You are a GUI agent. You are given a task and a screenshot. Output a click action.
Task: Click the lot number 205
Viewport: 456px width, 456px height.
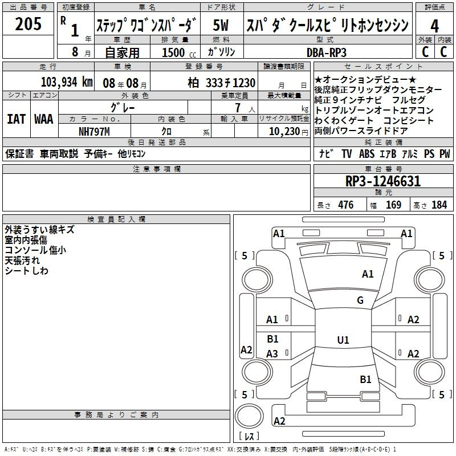(x=28, y=24)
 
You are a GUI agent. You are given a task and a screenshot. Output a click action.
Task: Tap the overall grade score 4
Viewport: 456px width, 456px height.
(x=434, y=26)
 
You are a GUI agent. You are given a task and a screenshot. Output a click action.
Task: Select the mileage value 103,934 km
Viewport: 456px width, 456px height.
(x=67, y=82)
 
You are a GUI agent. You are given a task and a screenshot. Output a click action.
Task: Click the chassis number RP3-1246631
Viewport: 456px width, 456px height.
(x=383, y=181)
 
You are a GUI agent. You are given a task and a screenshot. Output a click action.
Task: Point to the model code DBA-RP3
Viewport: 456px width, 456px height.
(x=327, y=52)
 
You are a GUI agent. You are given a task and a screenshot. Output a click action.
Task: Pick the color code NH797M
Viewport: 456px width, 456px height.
(x=94, y=132)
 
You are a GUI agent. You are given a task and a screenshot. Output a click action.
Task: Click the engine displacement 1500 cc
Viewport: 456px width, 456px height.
(x=179, y=52)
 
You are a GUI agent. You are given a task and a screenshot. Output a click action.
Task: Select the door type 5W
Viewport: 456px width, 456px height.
(x=221, y=25)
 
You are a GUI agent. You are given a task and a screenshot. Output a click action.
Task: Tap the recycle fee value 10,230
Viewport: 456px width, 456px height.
(x=284, y=132)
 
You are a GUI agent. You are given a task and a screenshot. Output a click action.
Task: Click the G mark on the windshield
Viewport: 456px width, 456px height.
(x=360, y=300)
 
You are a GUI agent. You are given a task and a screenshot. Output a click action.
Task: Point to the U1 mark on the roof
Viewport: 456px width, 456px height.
(x=343, y=340)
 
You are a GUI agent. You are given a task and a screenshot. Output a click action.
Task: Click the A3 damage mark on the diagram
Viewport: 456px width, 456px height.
(x=272, y=353)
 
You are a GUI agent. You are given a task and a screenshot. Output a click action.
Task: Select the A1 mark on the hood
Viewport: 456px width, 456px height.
(x=368, y=274)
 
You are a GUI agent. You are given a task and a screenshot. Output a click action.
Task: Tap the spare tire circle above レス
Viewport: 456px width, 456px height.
(x=249, y=416)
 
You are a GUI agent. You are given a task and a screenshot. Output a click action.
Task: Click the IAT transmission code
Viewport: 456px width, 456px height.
(x=17, y=119)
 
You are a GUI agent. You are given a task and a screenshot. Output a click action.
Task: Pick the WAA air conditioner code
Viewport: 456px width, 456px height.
(x=44, y=119)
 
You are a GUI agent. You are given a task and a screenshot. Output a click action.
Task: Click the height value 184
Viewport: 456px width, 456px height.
(x=439, y=205)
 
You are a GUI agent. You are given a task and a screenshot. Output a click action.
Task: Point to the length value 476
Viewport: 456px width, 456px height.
(x=346, y=205)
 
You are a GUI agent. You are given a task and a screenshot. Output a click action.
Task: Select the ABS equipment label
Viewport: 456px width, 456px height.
(x=367, y=154)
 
